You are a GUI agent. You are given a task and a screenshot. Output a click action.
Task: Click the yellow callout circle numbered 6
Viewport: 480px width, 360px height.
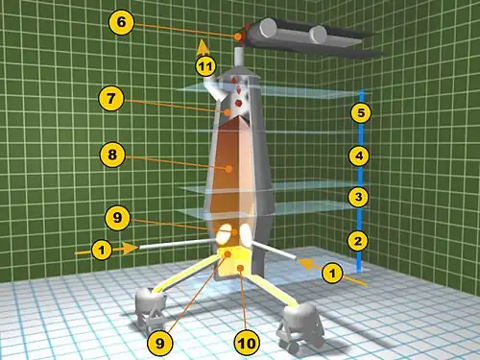pyautogui.click(x=121, y=22)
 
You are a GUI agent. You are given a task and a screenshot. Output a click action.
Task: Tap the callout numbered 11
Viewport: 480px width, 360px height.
pyautogui.click(x=205, y=66)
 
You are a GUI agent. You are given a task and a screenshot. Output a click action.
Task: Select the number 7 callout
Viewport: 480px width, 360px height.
pyautogui.click(x=111, y=98)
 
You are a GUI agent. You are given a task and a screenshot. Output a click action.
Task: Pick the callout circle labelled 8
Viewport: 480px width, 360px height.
pyautogui.click(x=112, y=155)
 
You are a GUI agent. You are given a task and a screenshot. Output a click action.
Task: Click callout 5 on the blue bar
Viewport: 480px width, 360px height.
pyautogui.click(x=361, y=112)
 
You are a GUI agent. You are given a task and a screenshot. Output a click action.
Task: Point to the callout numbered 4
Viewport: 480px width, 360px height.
pyautogui.click(x=359, y=156)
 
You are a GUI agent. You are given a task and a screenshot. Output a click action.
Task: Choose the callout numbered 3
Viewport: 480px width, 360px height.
pyautogui.click(x=358, y=197)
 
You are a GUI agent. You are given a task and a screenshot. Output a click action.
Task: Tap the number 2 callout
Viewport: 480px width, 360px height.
pyautogui.click(x=358, y=241)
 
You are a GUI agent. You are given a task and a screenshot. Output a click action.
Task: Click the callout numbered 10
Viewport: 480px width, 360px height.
pyautogui.click(x=247, y=344)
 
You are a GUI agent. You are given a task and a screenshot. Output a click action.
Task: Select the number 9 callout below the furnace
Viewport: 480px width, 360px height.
pyautogui.click(x=159, y=343)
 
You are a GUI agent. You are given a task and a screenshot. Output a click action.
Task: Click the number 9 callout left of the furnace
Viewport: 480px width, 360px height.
pyautogui.click(x=117, y=218)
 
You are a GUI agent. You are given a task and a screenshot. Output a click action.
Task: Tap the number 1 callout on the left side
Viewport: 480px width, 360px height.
pyautogui.click(x=102, y=250)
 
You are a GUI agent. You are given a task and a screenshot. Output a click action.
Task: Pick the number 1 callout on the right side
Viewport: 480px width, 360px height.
pyautogui.click(x=332, y=274)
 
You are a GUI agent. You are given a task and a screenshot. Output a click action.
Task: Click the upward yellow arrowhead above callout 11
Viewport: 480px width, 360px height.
pyautogui.click(x=203, y=48)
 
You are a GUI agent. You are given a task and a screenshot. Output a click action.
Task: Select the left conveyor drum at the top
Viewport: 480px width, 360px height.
pyautogui.click(x=268, y=29)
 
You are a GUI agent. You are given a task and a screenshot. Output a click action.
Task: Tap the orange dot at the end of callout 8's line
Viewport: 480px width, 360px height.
pyautogui.click(x=228, y=169)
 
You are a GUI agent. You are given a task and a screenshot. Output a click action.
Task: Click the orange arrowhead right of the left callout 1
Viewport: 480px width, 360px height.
pyautogui.click(x=130, y=249)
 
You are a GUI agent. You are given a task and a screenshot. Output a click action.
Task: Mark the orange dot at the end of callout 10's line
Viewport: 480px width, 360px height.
pyautogui.click(x=241, y=268)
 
